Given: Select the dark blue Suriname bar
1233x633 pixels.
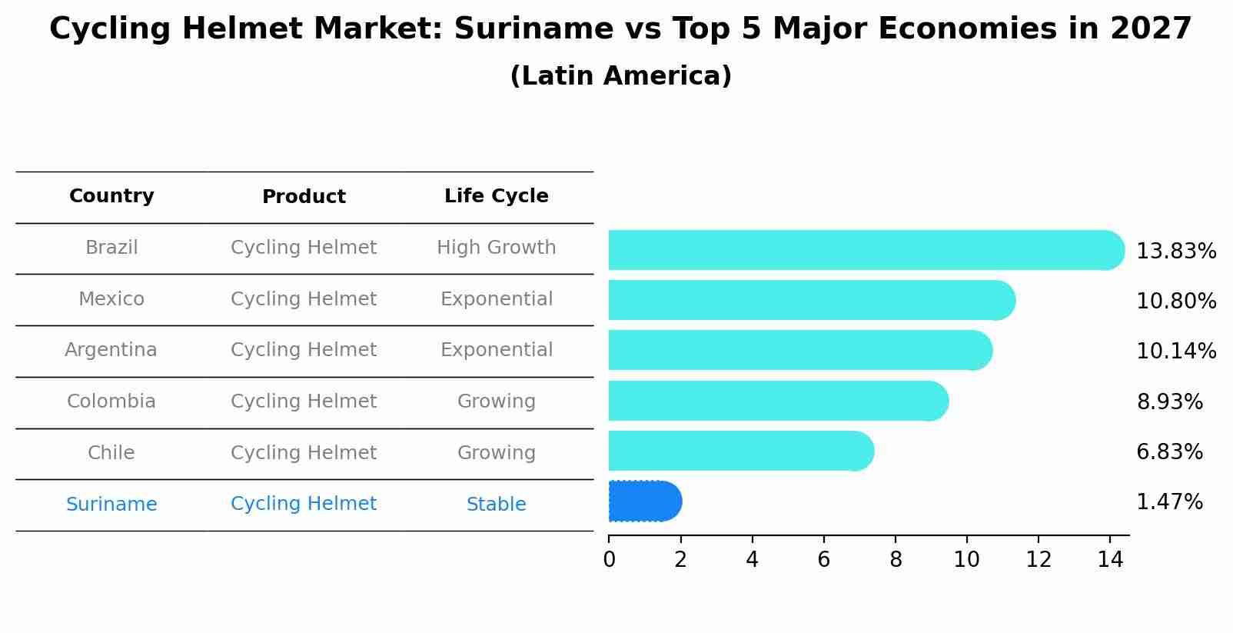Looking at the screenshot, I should tap(644, 501).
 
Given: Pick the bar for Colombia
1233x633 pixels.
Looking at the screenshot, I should tap(776, 401).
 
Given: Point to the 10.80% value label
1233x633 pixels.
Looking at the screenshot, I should tap(1175, 302).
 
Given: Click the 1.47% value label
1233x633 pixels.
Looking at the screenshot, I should tap(1168, 502).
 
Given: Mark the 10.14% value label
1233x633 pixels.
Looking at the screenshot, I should tap(1175, 351).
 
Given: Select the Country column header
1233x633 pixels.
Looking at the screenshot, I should tap(111, 196).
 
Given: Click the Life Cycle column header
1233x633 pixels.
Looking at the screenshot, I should tap(496, 196).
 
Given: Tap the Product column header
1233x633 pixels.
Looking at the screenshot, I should tap(304, 197).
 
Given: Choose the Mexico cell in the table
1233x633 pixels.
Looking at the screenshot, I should tap(111, 299).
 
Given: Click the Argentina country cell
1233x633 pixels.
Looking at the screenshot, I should tap(111, 350).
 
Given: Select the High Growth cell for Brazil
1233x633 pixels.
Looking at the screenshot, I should tap(496, 248).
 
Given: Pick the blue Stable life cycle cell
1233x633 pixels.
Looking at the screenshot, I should tap(496, 505).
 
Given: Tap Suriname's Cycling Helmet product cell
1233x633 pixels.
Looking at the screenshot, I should tap(304, 504).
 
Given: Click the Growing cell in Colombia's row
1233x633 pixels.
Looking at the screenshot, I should tap(496, 401).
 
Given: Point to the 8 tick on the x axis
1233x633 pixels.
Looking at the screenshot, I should tap(896, 560).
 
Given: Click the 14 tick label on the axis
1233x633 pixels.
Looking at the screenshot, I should tap(1110, 560).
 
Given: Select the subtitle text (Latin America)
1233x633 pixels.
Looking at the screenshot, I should tap(620, 76).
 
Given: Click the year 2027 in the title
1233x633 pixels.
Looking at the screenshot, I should tap(1151, 29).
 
